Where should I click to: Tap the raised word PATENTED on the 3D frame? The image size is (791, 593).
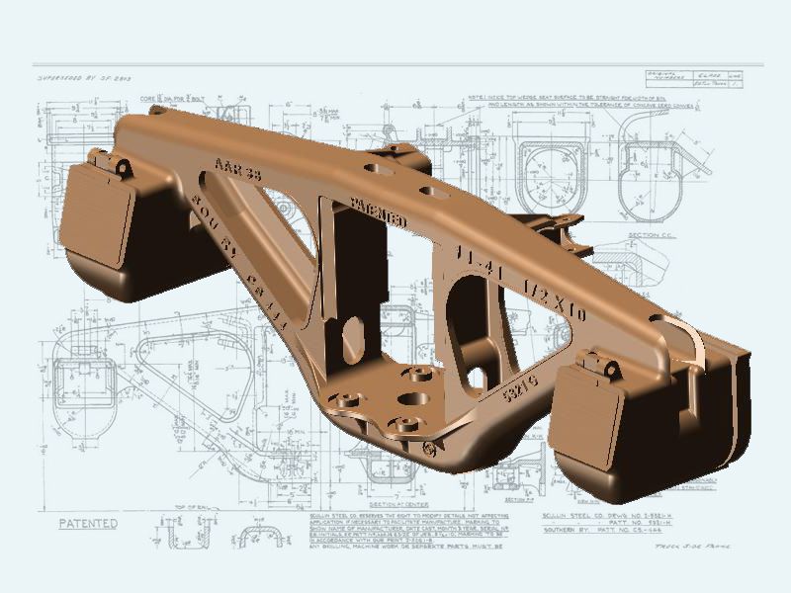[380, 210]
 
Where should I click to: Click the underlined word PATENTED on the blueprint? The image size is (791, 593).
[89, 523]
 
